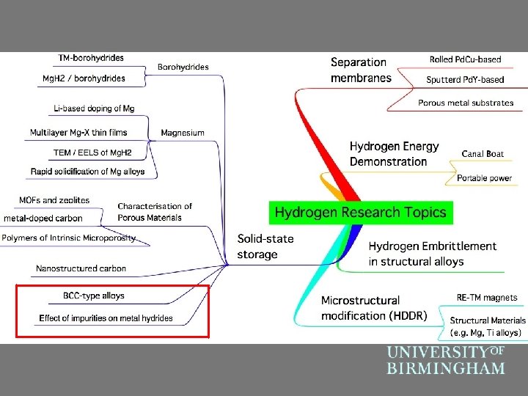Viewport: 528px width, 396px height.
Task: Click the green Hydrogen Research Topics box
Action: pos(361,213)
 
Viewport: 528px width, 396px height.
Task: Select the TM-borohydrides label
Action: pos(91,57)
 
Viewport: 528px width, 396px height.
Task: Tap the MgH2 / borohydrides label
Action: pos(83,78)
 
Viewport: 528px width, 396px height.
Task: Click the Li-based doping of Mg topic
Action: pos(94,109)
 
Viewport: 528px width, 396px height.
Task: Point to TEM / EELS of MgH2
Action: pos(92,153)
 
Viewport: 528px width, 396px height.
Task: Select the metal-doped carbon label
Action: pos(43,218)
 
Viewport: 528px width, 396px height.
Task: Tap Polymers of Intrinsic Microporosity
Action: pos(68,238)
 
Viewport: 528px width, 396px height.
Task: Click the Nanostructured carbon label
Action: pos(81,269)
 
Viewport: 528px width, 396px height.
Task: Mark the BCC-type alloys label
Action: pos(94,296)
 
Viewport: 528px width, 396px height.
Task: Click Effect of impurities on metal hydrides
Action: pos(106,318)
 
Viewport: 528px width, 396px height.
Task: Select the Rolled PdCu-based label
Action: pos(466,59)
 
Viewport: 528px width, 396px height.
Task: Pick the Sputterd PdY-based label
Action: pos(465,79)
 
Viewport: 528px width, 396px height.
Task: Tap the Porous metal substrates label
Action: pos(466,103)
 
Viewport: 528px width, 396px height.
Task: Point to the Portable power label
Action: pos(484,178)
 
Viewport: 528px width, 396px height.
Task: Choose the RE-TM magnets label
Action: pos(487,298)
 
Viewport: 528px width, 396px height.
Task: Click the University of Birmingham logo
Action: pos(446,359)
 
